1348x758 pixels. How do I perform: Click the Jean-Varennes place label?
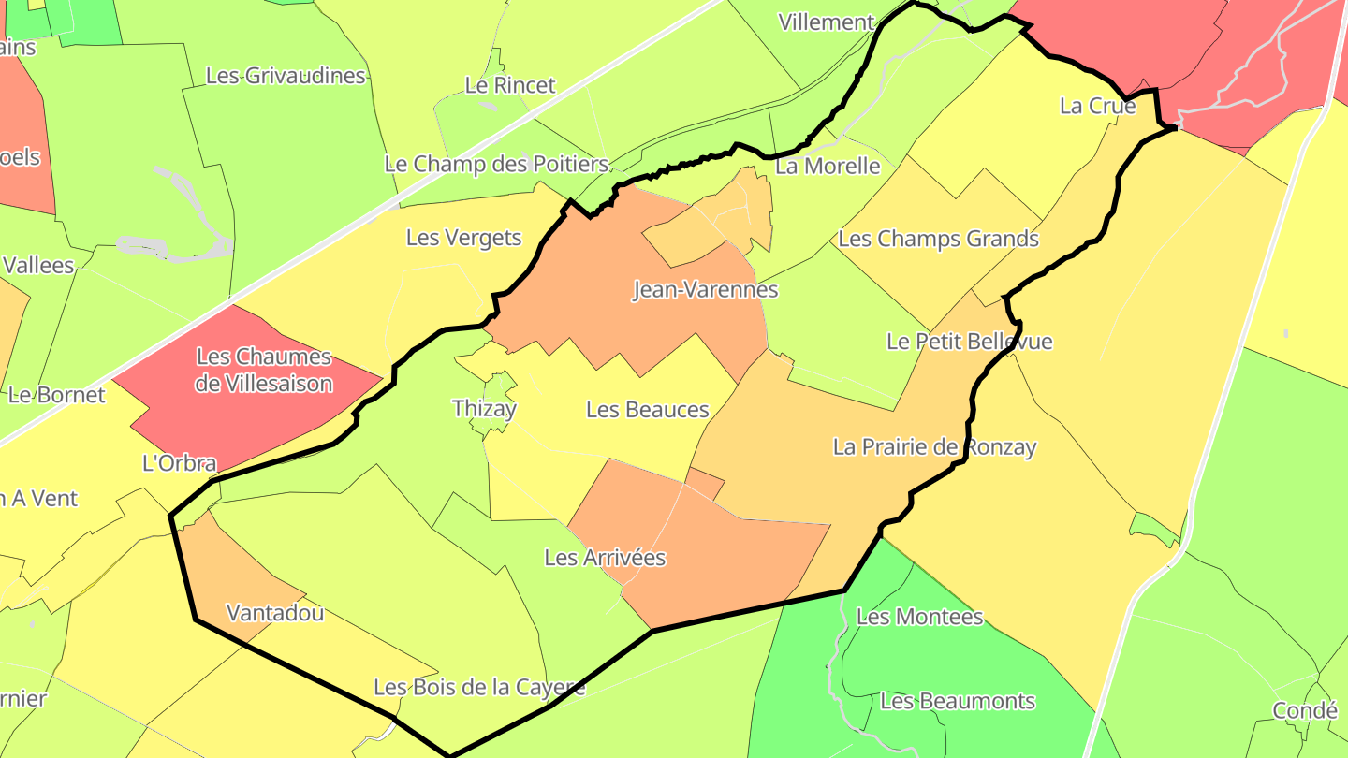click(705, 289)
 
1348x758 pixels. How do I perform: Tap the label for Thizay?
click(484, 409)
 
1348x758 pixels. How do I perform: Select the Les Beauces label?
click(647, 410)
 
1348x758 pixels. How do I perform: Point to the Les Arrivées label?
click(605, 558)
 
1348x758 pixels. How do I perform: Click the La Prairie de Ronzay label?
click(934, 447)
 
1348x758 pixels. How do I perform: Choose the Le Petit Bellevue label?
click(969, 342)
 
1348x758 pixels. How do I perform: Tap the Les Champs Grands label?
click(938, 239)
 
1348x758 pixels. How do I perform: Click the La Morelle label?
click(828, 167)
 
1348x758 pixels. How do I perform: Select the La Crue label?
click(1097, 106)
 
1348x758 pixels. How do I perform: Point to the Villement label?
click(827, 22)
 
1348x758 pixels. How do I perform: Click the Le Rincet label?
click(510, 85)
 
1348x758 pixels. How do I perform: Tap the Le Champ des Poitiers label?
click(496, 164)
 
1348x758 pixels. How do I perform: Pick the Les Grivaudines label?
click(285, 76)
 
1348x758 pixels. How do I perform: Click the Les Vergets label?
click(463, 238)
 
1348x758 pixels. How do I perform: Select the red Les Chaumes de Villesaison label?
click(264, 370)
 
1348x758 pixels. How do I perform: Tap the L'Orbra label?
click(179, 463)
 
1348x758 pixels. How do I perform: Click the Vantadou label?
click(275, 613)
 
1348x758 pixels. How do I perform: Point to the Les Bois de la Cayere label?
click(479, 688)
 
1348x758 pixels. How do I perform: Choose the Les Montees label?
click(919, 617)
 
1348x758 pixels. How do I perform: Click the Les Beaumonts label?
click(958, 701)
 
